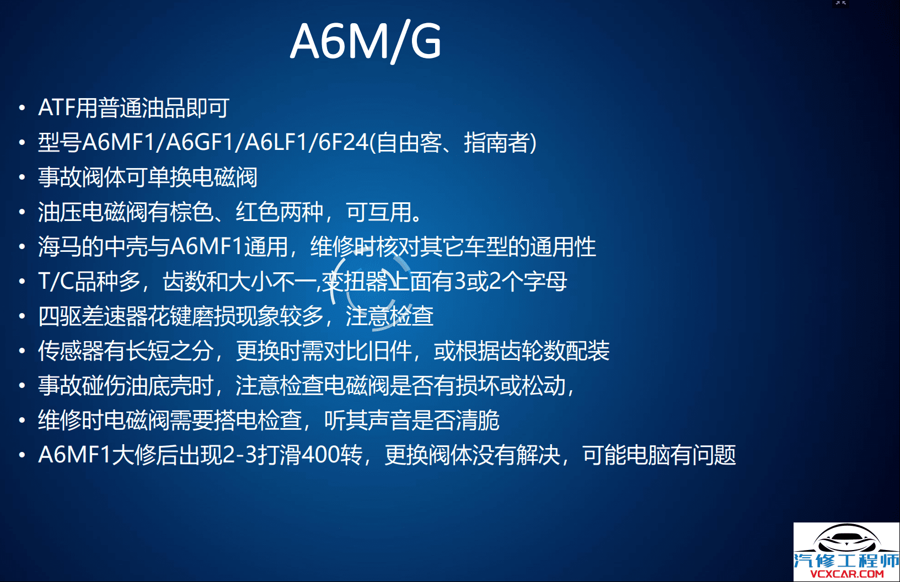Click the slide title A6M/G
pyautogui.click(x=366, y=41)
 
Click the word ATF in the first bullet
pyautogui.click(x=56, y=108)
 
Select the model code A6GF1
pyautogui.click(x=200, y=143)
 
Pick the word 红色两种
pyautogui.click(x=280, y=212)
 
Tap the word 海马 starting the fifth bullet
pyautogui.click(x=60, y=247)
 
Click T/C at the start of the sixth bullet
pyautogui.click(x=56, y=282)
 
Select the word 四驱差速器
pyautogui.click(x=93, y=316)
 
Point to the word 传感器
pyautogui.click(x=71, y=351)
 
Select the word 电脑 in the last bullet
pyautogui.click(x=648, y=455)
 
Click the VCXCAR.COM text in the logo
pyautogui.click(x=847, y=574)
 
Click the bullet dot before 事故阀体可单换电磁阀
pyautogui.click(x=22, y=177)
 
